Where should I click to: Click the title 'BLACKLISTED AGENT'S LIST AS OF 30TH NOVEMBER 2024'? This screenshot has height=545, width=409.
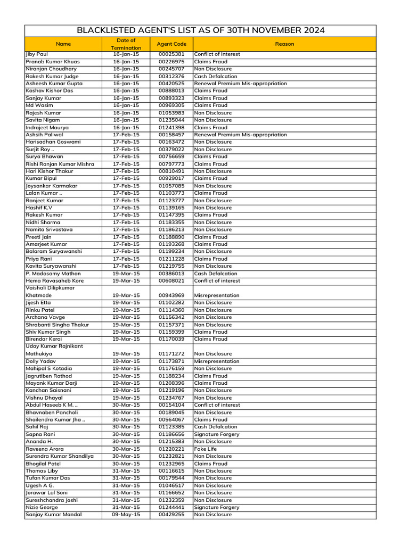pyautogui.click(x=201, y=30)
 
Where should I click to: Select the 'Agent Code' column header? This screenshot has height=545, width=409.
pyautogui.click(x=171, y=44)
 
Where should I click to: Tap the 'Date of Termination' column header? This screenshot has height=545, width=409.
pyautogui.click(x=126, y=44)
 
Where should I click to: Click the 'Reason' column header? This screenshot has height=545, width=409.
pyautogui.click(x=284, y=44)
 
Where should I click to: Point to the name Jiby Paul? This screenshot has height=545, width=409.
pyautogui.click(x=37, y=54)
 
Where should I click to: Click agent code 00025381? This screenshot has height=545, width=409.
pyautogui.click(x=171, y=54)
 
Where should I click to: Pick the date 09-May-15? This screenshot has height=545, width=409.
pyautogui.click(x=126, y=515)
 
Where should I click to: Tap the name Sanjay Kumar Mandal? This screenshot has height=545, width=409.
pyautogui.click(x=53, y=515)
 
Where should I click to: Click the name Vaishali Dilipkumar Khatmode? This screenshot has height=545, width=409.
pyautogui.click(x=50, y=292)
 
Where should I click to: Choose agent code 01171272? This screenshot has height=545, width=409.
pyautogui.click(x=171, y=353)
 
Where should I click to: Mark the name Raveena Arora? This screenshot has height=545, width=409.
pyautogui.click(x=44, y=449)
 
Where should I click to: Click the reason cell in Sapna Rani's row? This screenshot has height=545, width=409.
pyautogui.click(x=216, y=434)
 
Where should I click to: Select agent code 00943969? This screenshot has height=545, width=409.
pyautogui.click(x=171, y=295)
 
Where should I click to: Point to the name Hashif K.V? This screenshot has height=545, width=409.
pyautogui.click(x=39, y=208)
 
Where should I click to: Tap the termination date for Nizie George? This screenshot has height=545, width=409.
pyautogui.click(x=126, y=507)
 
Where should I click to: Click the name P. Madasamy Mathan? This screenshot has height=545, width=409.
pyautogui.click(x=53, y=274)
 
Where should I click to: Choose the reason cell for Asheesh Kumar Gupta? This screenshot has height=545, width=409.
pyautogui.click(x=240, y=84)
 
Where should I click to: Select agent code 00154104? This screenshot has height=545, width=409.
pyautogui.click(x=171, y=405)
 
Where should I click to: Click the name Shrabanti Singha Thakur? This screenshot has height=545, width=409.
pyautogui.click(x=57, y=325)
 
